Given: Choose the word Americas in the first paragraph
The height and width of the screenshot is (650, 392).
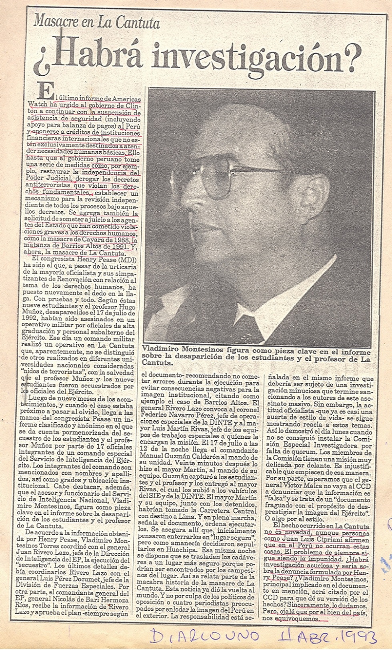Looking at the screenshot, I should (x=126, y=99).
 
